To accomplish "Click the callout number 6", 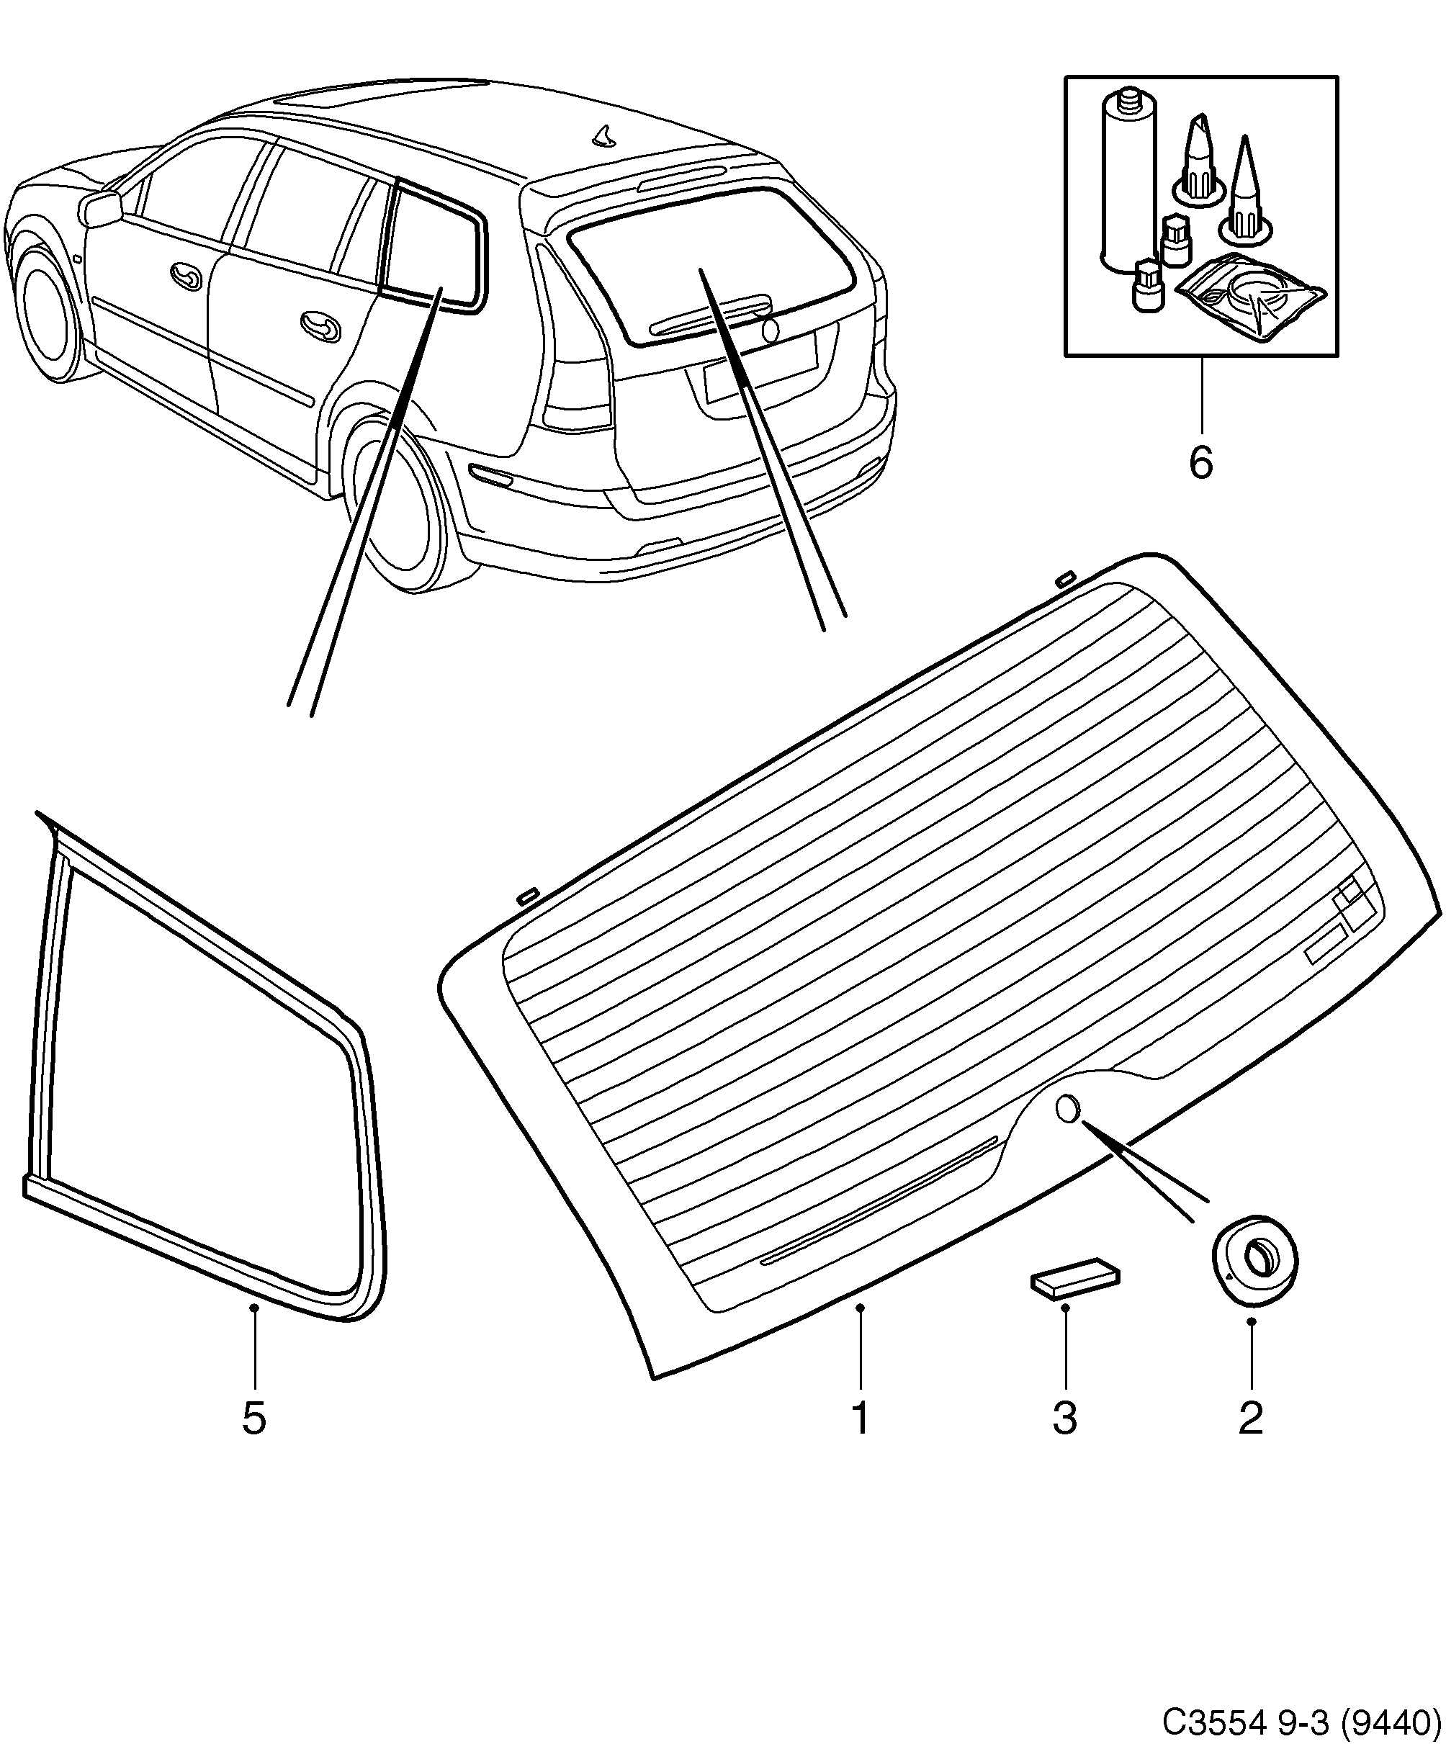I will coord(1200,462).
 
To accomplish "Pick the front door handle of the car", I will coord(186,276).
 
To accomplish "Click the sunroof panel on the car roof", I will coord(382,93).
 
